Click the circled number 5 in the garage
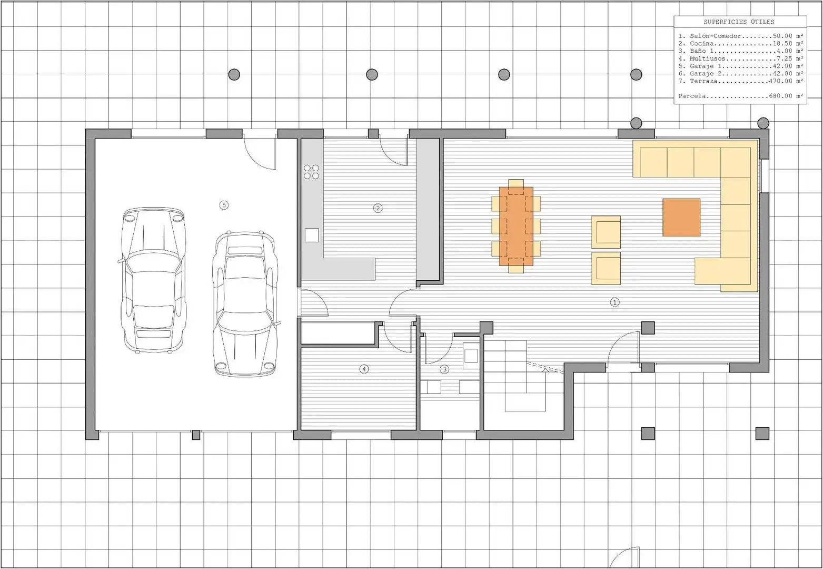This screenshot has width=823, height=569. pyautogui.click(x=224, y=205)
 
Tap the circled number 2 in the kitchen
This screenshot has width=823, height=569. pyautogui.click(x=378, y=209)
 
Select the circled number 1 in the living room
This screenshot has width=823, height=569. pyautogui.click(x=614, y=302)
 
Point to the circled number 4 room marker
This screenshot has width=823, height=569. pyautogui.click(x=364, y=369)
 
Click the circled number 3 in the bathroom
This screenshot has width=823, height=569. pyautogui.click(x=444, y=369)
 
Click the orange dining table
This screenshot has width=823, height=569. pyautogui.click(x=516, y=226)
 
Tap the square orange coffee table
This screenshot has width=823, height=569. pyautogui.click(x=681, y=217)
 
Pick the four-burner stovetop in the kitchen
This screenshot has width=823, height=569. pyautogui.click(x=312, y=172)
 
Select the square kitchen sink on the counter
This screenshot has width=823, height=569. pyautogui.click(x=312, y=236)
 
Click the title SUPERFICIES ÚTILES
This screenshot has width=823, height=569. pyautogui.click(x=739, y=22)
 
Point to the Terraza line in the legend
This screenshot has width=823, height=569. pyautogui.click(x=741, y=81)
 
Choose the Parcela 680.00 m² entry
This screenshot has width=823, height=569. pyautogui.click(x=741, y=96)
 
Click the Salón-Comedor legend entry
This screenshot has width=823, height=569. pyautogui.click(x=741, y=36)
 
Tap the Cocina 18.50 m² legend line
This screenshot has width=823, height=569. pyautogui.click(x=741, y=43)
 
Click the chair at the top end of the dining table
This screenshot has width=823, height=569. pyautogui.click(x=516, y=183)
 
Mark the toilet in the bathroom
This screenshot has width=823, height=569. pyautogui.click(x=471, y=355)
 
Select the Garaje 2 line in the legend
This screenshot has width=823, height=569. pyautogui.click(x=741, y=74)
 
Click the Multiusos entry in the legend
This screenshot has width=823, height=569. pyautogui.click(x=741, y=58)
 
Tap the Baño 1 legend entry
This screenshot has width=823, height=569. pyautogui.click(x=741, y=51)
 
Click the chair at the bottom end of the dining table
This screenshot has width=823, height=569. pyautogui.click(x=516, y=269)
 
